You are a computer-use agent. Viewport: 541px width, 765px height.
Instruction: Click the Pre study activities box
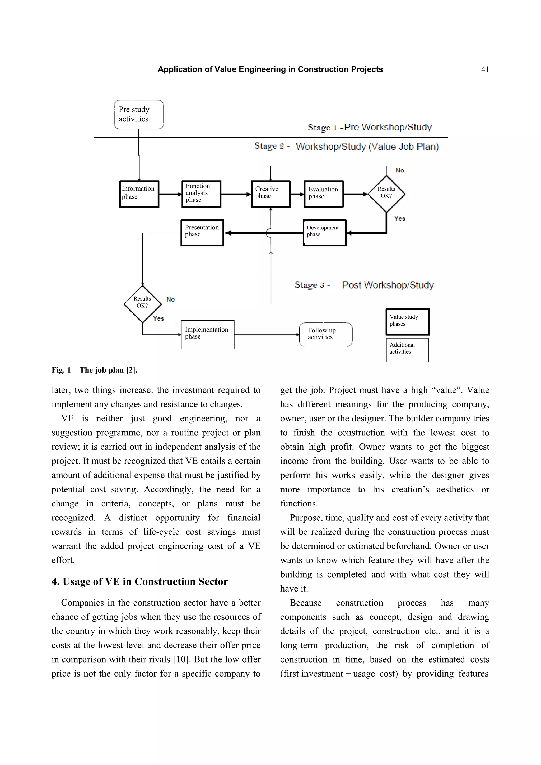pyautogui.click(x=139, y=114)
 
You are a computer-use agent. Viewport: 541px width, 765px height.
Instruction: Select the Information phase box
pyautogui.click(x=139, y=194)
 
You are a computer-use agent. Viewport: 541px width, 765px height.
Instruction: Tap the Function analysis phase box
pyautogui.click(x=201, y=194)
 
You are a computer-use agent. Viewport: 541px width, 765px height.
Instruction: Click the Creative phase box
pyautogui.click(x=270, y=194)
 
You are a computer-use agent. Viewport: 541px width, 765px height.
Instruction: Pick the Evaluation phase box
pyautogui.click(x=323, y=194)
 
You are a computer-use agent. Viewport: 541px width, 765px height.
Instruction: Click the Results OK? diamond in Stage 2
pyautogui.click(x=386, y=194)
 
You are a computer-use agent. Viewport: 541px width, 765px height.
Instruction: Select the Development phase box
pyautogui.click(x=325, y=233)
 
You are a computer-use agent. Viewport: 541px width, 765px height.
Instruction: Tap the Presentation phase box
pyautogui.click(x=202, y=233)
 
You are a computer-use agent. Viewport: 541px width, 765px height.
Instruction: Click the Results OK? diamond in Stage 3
pyautogui.click(x=143, y=304)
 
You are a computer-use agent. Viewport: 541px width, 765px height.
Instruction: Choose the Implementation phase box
pyautogui.click(x=207, y=334)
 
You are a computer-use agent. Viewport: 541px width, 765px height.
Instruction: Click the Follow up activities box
pyautogui.click(x=325, y=334)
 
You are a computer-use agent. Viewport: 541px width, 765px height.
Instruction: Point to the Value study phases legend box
pyautogui.click(x=407, y=322)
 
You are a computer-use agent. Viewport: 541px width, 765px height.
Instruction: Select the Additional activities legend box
pyautogui.click(x=407, y=350)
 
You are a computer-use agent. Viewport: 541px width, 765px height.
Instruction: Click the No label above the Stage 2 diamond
pyautogui.click(x=399, y=170)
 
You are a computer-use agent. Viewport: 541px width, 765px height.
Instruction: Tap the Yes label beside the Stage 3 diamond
pyautogui.click(x=158, y=318)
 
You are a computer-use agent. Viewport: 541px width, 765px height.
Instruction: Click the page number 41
pyautogui.click(x=485, y=69)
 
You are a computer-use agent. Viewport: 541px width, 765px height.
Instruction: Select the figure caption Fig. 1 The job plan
pyautogui.click(x=94, y=370)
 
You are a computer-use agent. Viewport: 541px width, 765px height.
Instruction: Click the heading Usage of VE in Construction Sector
pyautogui.click(x=140, y=581)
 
